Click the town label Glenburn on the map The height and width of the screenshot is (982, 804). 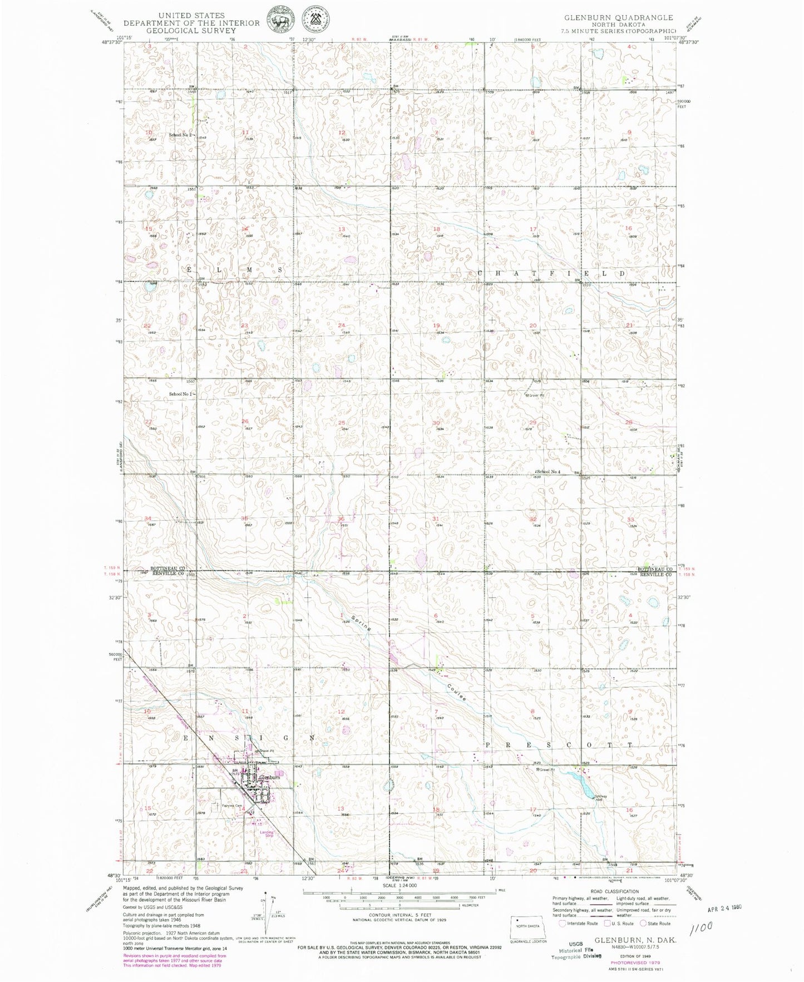269,777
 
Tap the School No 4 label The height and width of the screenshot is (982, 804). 548,472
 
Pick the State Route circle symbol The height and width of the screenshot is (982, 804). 643,924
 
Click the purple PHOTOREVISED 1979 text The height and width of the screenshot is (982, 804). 634,962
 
